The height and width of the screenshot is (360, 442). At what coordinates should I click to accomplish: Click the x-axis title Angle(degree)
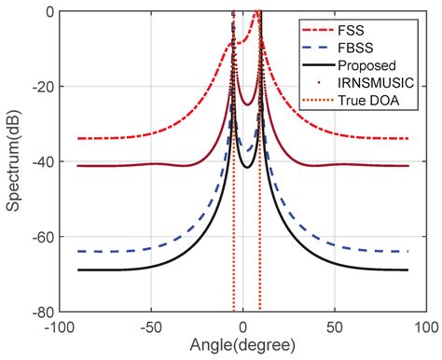[242, 347]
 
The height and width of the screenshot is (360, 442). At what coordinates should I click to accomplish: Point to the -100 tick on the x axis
[58, 326]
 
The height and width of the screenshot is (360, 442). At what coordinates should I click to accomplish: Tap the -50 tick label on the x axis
[150, 326]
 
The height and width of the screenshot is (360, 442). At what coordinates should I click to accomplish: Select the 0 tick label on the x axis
[242, 326]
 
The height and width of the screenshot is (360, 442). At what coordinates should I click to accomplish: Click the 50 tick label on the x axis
[334, 326]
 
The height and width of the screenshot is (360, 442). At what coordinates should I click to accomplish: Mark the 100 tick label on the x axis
[425, 326]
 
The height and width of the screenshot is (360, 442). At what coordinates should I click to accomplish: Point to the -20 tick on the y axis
[40, 88]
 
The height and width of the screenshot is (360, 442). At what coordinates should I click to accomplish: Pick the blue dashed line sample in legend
[320, 44]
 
